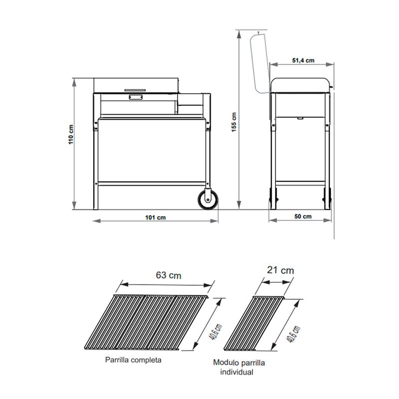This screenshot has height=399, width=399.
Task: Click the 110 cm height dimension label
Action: tap(71, 135)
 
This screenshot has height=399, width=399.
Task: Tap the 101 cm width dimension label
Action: tap(155, 217)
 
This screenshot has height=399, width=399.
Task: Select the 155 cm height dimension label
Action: tap(234, 122)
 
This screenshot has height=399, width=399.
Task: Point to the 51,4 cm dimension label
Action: tap(303, 60)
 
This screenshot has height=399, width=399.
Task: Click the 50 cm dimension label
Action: tap(303, 216)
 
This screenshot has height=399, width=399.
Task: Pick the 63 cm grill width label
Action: tap(169, 275)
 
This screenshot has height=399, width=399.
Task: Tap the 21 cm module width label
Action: tap(280, 270)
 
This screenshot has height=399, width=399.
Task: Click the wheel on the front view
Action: tap(208, 200)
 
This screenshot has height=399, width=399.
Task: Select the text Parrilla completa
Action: tap(133, 360)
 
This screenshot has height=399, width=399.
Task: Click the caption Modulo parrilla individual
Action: tap(239, 367)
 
